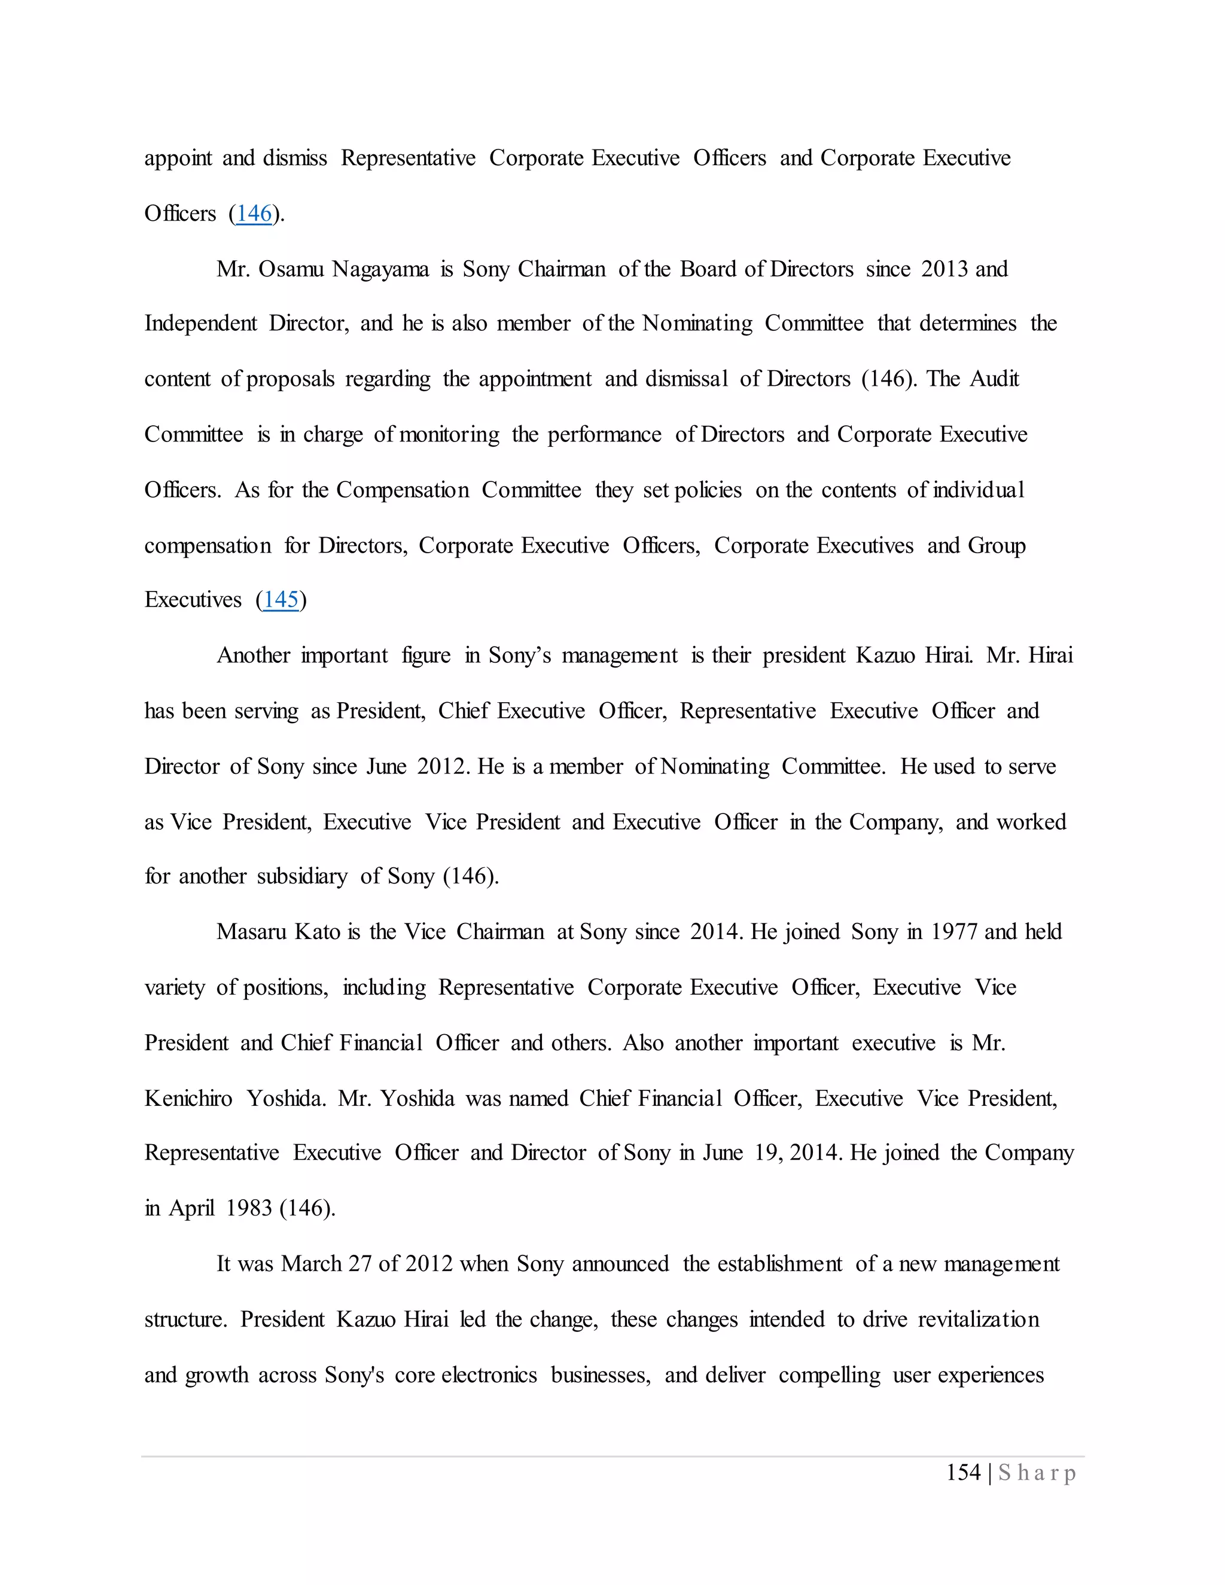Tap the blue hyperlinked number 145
tap(281, 599)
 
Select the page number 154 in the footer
tap(963, 1473)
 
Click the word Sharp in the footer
tap(1037, 1473)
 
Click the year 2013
tap(945, 269)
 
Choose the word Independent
tap(200, 324)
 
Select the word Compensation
tap(403, 490)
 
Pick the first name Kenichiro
tap(188, 1098)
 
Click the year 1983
tap(248, 1208)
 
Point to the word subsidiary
tap(302, 877)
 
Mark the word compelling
tap(830, 1375)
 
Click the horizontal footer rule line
tap(612, 1456)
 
